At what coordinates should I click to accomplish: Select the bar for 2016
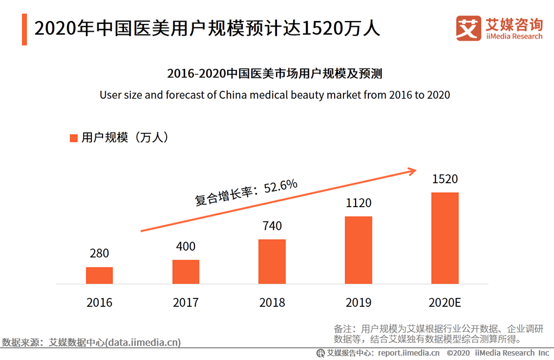tap(99, 276)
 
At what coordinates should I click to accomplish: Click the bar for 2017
tap(186, 272)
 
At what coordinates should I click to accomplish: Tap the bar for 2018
tap(272, 262)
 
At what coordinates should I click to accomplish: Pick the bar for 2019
tap(358, 250)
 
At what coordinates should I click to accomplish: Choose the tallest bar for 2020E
tap(445, 238)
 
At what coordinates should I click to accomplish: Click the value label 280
tap(99, 254)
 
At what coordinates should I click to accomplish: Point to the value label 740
tap(272, 226)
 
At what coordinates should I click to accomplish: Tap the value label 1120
tap(358, 203)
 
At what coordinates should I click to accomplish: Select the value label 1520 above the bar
tap(445, 179)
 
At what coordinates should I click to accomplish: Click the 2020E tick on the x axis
tap(445, 302)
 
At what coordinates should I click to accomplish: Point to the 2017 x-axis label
tap(186, 302)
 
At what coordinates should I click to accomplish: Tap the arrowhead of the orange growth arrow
tap(411, 171)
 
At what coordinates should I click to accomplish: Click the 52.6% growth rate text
tap(281, 187)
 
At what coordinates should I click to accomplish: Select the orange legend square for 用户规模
tap(73, 138)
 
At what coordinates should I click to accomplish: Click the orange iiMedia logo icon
tap(468, 28)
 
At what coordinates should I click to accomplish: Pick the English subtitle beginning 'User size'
tap(275, 95)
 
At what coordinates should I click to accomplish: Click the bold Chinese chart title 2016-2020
tap(275, 73)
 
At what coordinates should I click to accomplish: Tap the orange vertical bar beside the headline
tap(24, 28)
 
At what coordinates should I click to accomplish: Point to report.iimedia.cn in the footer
tap(409, 353)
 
